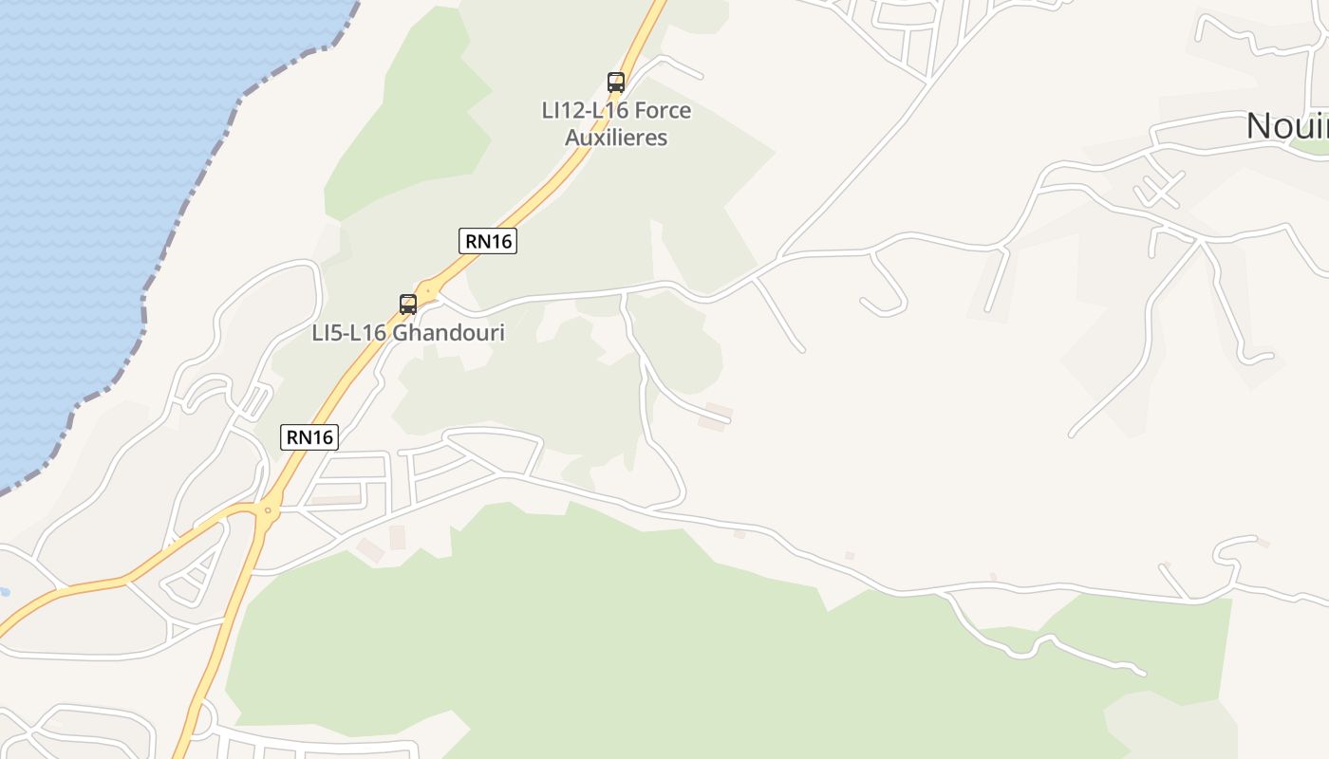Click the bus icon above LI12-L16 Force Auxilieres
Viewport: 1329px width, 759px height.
tap(616, 83)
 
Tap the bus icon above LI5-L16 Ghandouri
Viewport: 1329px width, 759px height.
tap(408, 305)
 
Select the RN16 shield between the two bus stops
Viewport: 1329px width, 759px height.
tap(489, 241)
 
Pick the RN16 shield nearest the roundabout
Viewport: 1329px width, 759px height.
tap(309, 436)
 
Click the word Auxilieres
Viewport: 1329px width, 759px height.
tap(616, 138)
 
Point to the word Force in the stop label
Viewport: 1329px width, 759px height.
tap(662, 110)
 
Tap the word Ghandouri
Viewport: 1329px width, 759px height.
tap(449, 333)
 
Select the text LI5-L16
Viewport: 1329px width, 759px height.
tap(349, 333)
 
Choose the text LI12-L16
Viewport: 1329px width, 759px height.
tap(584, 110)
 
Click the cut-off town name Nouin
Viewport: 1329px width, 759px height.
tap(1286, 125)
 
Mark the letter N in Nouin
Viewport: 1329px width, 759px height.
tap(1260, 125)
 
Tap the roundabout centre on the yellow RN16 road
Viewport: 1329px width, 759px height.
tap(268, 510)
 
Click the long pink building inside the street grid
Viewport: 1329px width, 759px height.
tap(337, 499)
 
